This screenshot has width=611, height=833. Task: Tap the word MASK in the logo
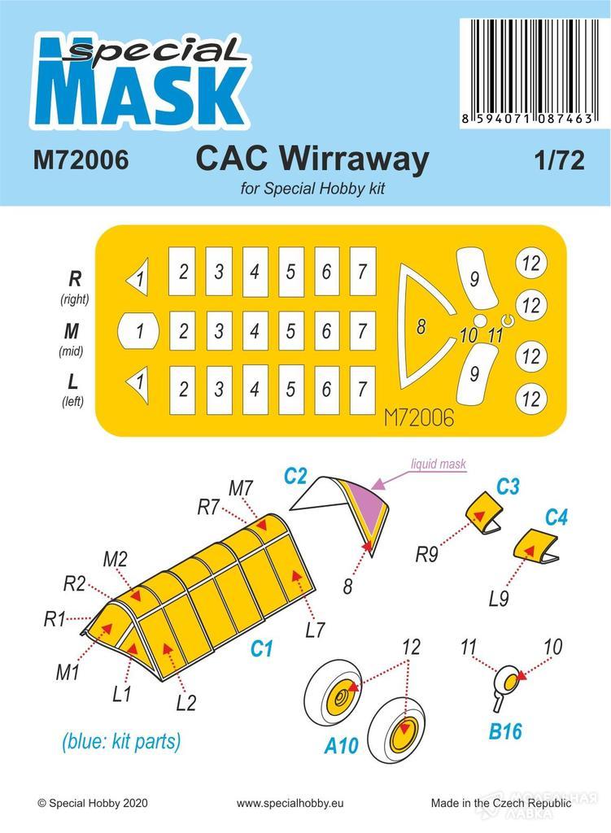[x=140, y=96]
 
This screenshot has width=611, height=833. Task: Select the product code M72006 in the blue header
[x=81, y=159]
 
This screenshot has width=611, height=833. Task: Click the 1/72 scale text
[x=559, y=160]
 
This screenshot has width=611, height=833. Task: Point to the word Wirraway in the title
[x=354, y=159]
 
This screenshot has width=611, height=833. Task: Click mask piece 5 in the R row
[x=290, y=272]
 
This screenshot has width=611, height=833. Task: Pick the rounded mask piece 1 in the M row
[x=137, y=331]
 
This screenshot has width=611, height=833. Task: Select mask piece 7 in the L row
[x=363, y=390]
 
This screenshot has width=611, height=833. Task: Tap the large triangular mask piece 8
[x=421, y=326]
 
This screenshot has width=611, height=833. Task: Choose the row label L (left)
[x=72, y=390]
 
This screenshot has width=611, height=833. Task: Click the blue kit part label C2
[x=295, y=475]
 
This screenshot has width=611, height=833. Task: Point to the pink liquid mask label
[x=439, y=464]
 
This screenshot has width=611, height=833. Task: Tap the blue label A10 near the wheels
[x=342, y=745]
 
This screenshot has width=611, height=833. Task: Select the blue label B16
[x=505, y=731]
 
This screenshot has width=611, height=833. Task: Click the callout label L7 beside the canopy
[x=315, y=630]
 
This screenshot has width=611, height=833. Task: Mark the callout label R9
[x=426, y=554]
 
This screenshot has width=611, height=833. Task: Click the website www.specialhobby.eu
[x=290, y=803]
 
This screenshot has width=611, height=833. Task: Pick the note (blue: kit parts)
[x=121, y=740]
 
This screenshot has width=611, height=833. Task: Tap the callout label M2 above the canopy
[x=116, y=559]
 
